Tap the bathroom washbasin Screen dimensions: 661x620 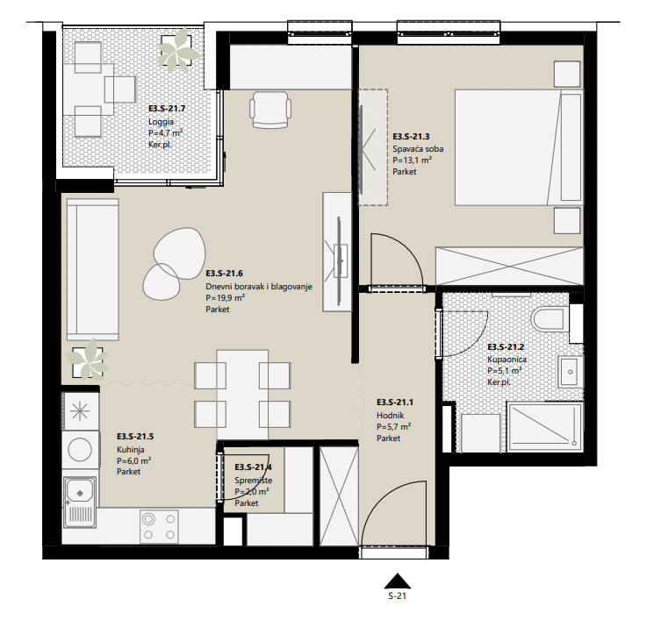point(571,372)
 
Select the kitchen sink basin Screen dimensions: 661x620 point(80,490)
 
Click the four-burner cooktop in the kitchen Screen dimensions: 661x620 point(159,526)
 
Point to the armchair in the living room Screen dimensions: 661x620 point(270,110)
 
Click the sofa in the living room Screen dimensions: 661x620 point(93,269)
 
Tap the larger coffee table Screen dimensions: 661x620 point(180,253)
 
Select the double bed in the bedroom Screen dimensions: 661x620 point(519,147)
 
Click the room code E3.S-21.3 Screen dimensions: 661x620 point(411,137)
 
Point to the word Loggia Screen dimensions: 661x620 point(161,122)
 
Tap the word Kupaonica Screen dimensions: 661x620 point(507,360)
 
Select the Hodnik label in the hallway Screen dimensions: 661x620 point(391,416)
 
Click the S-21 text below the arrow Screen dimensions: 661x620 point(397,596)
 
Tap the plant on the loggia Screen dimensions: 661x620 point(179,50)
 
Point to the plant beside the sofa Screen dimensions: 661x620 point(87,359)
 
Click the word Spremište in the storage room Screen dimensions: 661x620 point(254,481)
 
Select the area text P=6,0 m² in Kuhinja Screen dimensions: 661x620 point(134,460)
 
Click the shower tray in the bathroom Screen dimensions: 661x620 point(545,427)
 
